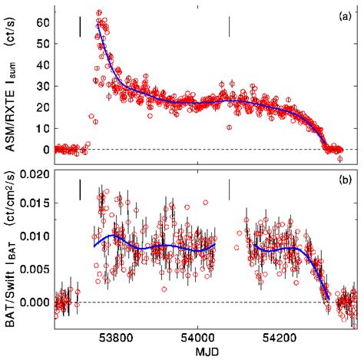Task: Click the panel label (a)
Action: [345, 15]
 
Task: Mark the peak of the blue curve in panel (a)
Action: [98, 25]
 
